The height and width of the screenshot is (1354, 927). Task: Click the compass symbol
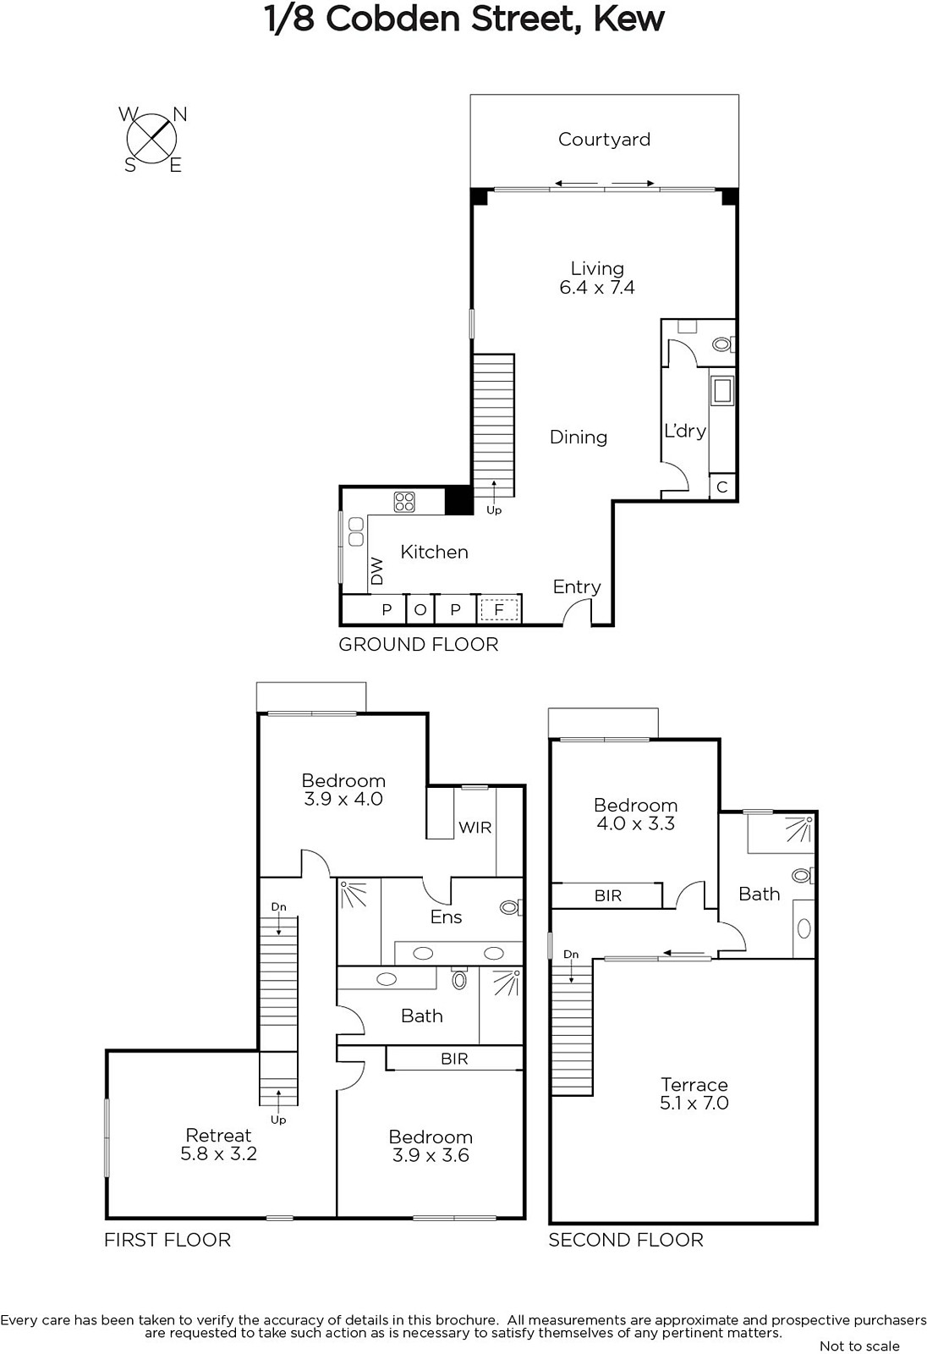[x=152, y=139]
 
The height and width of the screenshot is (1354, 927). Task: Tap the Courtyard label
[x=604, y=140]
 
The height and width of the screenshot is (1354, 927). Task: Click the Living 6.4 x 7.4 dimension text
[x=597, y=287]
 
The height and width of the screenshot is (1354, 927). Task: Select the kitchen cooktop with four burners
[x=404, y=502]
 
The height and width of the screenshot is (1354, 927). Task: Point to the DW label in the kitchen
[x=377, y=570]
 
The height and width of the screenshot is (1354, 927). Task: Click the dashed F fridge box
[x=499, y=609]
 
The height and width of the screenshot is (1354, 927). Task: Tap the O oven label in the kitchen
[x=420, y=610]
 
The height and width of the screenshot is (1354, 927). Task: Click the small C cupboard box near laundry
[x=722, y=487]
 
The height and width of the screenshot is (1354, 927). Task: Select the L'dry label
[x=684, y=431]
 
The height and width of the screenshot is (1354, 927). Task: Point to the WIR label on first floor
[x=475, y=828]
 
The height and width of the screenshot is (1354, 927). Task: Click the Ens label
[x=446, y=917]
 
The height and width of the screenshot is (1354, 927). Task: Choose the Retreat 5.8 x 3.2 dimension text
[x=219, y=1154]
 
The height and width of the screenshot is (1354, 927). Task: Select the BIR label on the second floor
[x=608, y=896]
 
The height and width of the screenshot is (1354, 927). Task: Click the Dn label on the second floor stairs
[x=571, y=955]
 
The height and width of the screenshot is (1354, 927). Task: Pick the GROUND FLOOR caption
[x=419, y=645]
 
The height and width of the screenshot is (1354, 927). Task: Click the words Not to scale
[x=859, y=1346]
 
